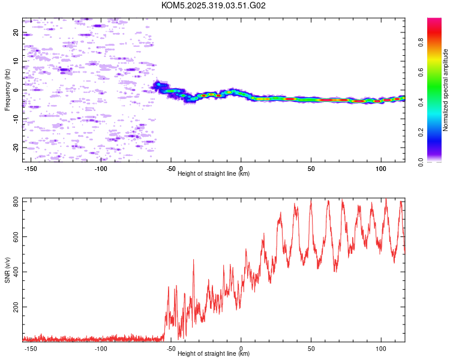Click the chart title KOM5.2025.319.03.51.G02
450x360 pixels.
coord(213,5)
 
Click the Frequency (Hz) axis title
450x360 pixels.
coord(7,90)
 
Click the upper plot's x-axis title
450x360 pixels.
coord(214,174)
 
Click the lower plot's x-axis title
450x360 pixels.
coord(214,354)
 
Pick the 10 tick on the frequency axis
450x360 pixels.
coord(16,61)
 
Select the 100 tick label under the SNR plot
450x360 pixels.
coord(380,349)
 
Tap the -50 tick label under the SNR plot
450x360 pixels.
coord(171,349)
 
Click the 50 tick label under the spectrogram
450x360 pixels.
coord(311,169)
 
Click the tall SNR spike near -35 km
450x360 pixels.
coord(193,260)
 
